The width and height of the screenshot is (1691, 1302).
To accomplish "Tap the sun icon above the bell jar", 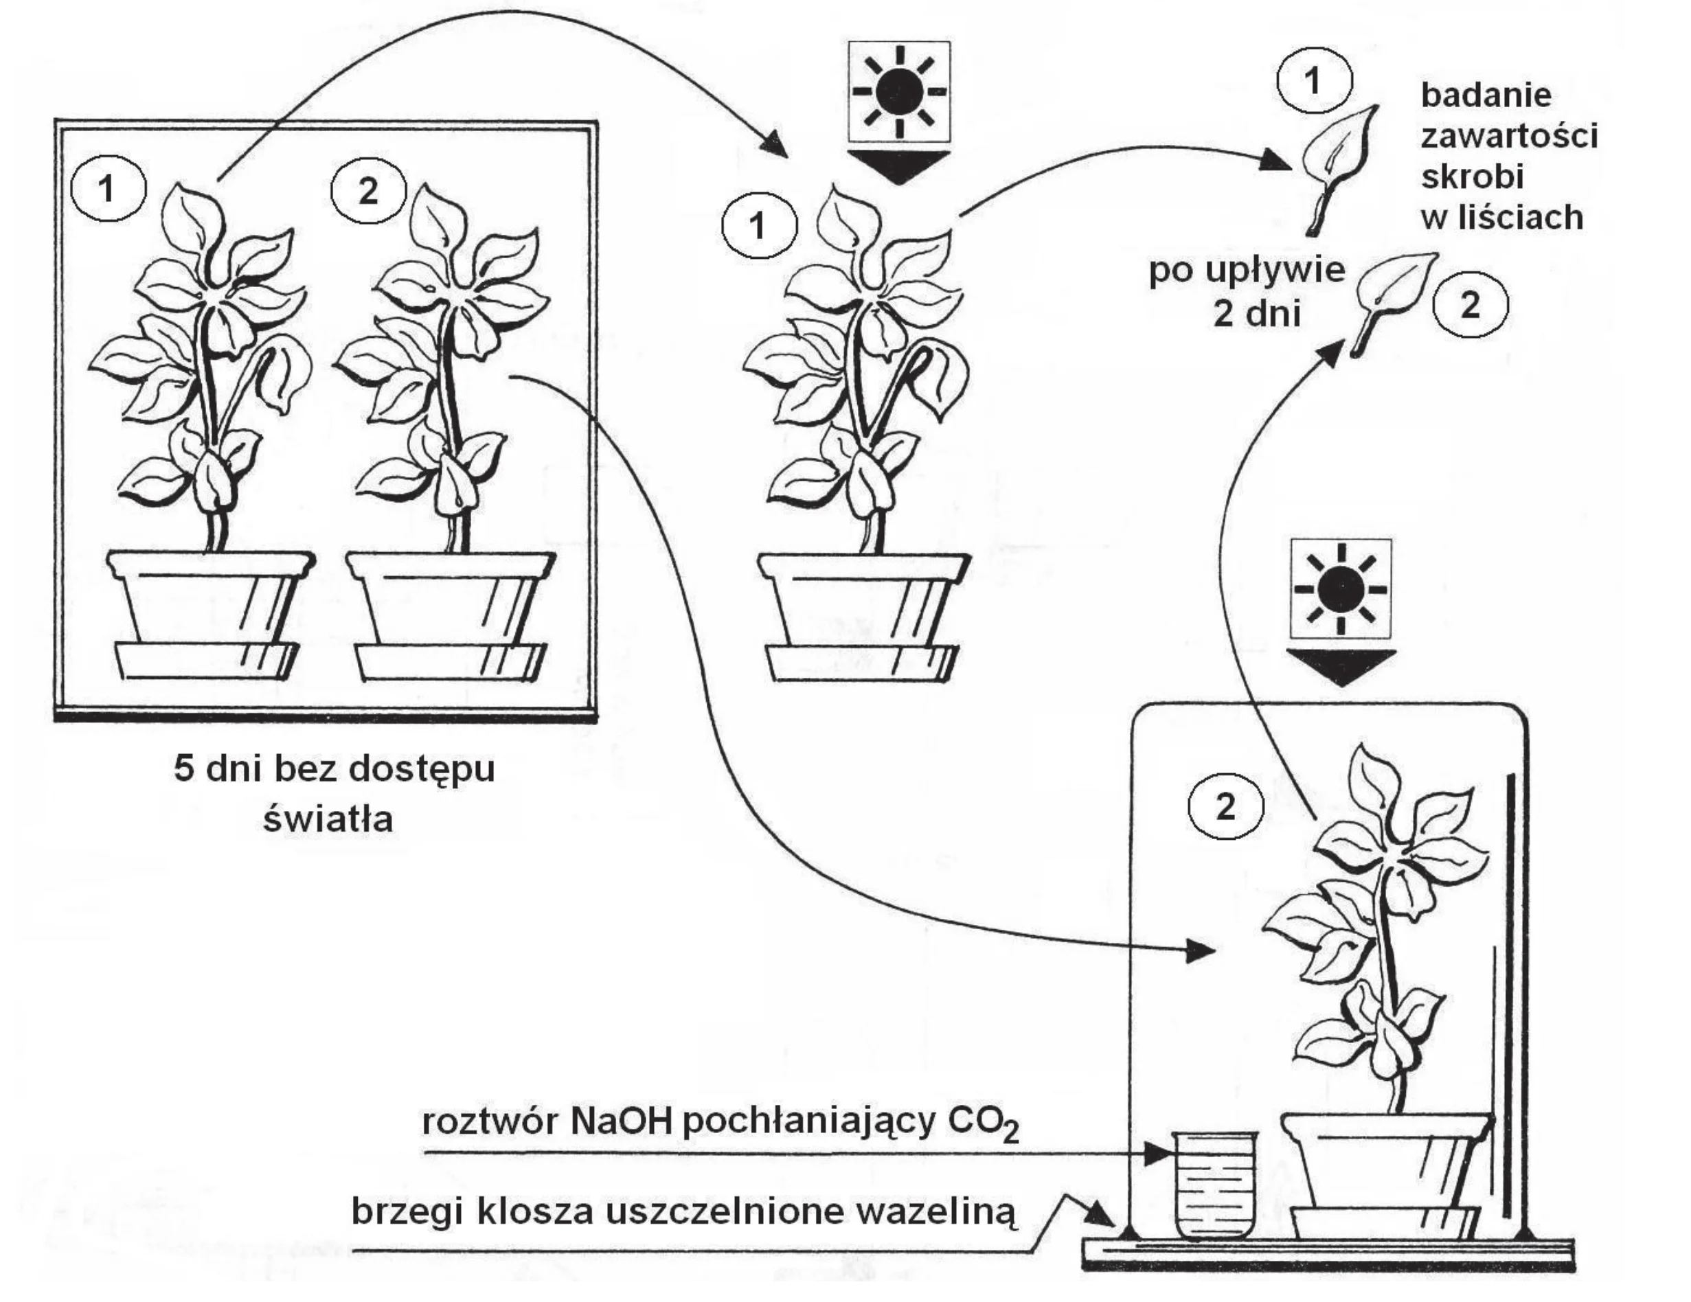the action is coord(1341,589).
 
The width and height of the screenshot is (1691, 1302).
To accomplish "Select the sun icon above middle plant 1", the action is coord(899,92).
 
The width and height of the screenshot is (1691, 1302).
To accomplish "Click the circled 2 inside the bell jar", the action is coord(1225,808).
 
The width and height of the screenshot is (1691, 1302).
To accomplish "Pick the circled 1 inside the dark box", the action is coord(108,188).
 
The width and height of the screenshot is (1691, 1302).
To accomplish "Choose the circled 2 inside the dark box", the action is coord(369,190).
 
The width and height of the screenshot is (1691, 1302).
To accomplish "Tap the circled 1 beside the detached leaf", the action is coord(1313,80).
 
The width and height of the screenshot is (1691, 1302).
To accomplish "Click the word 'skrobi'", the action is coord(1472,176).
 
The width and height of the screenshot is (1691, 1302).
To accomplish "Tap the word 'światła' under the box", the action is coord(328,818).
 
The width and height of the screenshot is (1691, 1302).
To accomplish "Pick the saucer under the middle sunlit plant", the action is coord(859,663).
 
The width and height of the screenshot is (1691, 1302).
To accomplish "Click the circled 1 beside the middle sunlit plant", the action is coord(759,226).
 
